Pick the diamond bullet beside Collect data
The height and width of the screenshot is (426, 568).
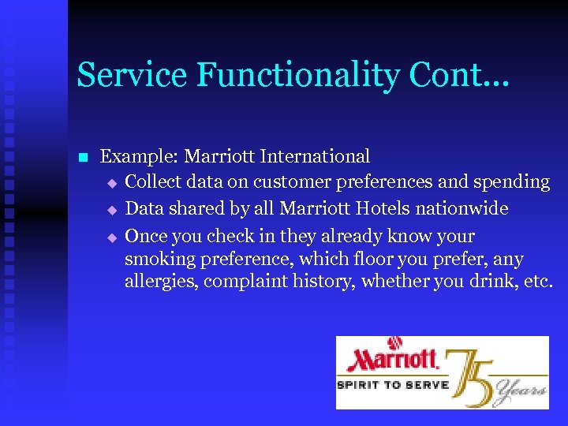(112, 183)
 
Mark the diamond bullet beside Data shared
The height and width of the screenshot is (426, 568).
(112, 211)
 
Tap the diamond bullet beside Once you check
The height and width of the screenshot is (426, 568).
(112, 237)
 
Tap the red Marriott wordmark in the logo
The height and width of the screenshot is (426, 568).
(392, 360)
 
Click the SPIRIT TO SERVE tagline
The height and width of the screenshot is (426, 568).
(392, 385)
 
